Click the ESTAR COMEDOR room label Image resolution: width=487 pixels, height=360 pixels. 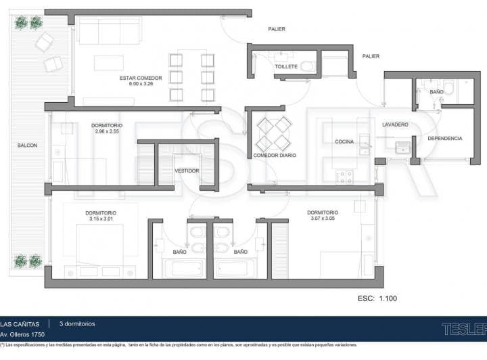click(141, 78)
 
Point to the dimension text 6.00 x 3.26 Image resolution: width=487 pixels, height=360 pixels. click(141, 85)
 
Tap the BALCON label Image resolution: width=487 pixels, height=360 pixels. click(27, 145)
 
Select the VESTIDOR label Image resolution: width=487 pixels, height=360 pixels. click(187, 171)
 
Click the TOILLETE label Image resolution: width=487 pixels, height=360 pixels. click(286, 67)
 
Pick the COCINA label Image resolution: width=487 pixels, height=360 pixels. click(346, 141)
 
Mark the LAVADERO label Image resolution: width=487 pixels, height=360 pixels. click(395, 125)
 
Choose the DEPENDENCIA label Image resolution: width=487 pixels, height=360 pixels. click(444, 138)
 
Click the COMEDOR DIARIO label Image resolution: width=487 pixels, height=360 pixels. click(275, 155)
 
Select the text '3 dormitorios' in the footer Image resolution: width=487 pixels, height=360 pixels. click(77, 323)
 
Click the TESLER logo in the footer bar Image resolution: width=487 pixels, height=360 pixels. click(463, 329)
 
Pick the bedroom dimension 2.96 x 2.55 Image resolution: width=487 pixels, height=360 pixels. click(107, 131)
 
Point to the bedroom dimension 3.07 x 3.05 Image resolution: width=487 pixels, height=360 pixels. click(323, 219)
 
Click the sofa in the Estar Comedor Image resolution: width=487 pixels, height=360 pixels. click(110, 30)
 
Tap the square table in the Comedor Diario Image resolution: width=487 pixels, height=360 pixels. click(274, 133)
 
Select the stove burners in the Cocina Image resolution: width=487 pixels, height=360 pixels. click(345, 177)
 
